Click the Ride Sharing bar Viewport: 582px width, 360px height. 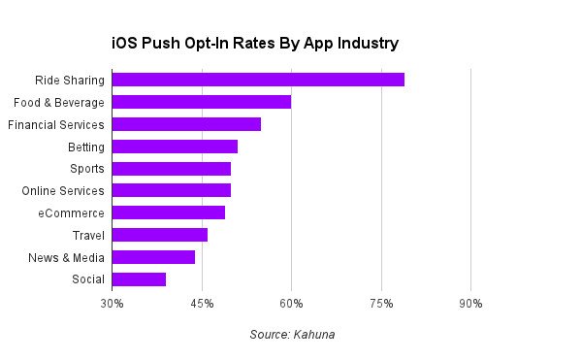(x=258, y=80)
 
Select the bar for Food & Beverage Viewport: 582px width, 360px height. (x=202, y=102)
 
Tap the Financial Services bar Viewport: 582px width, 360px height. (x=186, y=124)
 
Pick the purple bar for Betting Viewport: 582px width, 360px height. (x=175, y=147)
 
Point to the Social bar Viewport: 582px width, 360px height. (x=139, y=279)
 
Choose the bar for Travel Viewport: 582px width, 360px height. (x=160, y=235)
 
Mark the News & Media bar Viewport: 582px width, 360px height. (x=153, y=257)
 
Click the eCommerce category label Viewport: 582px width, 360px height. (x=71, y=213)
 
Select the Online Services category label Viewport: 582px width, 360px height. (x=63, y=191)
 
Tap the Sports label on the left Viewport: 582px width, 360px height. (x=87, y=169)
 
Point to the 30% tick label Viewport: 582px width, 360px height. (x=112, y=304)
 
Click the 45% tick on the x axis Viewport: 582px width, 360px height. (x=202, y=304)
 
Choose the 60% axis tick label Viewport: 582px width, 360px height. (x=291, y=304)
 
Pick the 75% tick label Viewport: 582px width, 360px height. (x=381, y=304)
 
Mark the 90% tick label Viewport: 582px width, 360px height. (x=470, y=304)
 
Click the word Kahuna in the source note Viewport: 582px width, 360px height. (x=314, y=335)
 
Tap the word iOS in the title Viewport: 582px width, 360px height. (x=124, y=43)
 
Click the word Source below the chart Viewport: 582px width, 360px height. (x=270, y=335)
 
